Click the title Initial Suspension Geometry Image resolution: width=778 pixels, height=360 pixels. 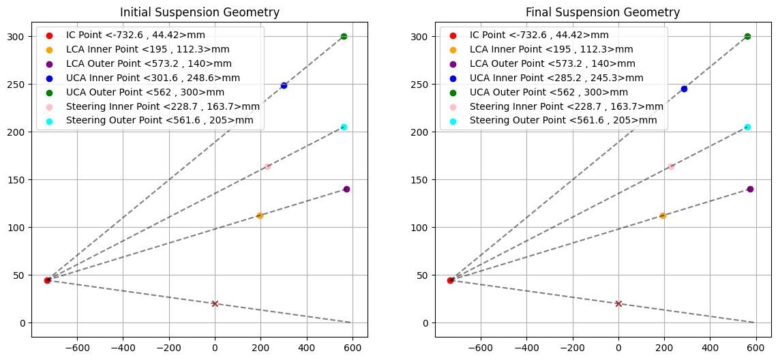click(199, 12)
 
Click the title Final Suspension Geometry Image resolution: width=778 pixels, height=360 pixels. click(603, 12)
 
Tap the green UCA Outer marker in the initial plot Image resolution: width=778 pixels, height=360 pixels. click(344, 36)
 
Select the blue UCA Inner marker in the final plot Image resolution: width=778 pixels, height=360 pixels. click(684, 89)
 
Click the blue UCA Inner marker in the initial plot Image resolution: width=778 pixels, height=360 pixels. click(284, 85)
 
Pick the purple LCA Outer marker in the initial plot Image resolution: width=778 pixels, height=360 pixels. click(346, 189)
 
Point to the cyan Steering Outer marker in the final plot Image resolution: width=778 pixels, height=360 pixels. click(747, 127)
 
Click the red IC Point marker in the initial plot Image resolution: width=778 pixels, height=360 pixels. click(47, 280)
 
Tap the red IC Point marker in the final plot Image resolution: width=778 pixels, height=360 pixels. click(450, 280)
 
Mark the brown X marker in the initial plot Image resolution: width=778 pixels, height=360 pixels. click(215, 303)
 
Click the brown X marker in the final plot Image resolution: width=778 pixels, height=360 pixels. click(618, 303)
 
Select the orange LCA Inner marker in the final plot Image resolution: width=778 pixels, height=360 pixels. click(663, 215)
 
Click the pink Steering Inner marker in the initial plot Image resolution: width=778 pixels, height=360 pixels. click(267, 166)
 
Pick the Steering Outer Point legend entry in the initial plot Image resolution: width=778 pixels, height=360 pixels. click(160, 121)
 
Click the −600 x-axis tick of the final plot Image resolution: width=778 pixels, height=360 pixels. click(480, 346)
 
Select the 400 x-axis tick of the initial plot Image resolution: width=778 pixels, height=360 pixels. click(306, 346)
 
